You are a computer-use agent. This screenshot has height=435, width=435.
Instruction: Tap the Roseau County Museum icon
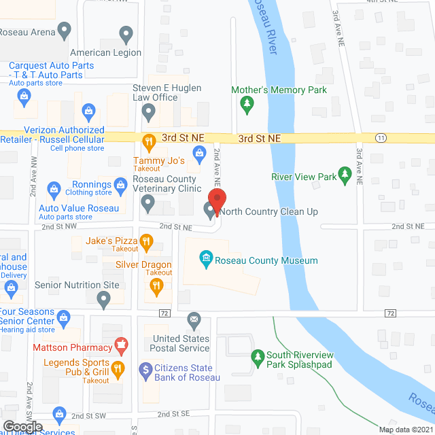click(x=205, y=258)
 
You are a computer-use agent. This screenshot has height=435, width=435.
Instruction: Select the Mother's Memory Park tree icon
click(x=247, y=103)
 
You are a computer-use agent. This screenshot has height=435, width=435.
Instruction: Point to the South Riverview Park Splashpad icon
click(x=258, y=355)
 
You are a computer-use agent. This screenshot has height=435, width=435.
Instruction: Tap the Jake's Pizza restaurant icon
click(x=145, y=241)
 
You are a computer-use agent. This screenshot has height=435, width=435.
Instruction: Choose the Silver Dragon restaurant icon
click(x=157, y=286)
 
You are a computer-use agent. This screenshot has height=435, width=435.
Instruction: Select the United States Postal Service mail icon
click(x=194, y=319)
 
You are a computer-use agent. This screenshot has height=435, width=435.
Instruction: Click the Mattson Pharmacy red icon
click(x=121, y=346)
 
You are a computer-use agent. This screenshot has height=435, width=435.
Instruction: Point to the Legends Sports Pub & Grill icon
click(x=117, y=369)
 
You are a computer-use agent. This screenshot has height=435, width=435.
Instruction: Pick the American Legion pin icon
click(x=126, y=33)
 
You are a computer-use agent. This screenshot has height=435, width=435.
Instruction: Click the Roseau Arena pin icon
click(x=64, y=30)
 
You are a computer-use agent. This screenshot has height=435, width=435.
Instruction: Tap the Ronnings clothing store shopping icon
click(x=120, y=184)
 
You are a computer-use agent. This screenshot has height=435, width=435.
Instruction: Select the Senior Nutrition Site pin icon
click(x=103, y=298)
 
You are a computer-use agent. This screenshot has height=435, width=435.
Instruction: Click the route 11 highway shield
click(x=381, y=137)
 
